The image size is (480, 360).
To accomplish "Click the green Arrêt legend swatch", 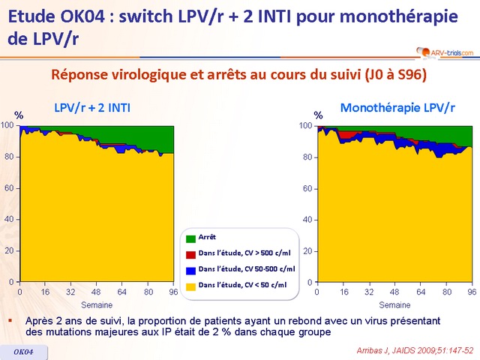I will tap(191, 238).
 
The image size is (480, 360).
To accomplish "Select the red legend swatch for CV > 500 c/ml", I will tap(191, 253).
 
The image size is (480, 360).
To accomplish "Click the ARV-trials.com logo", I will tap(443, 51).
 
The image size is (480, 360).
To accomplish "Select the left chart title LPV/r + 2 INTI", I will tap(92, 108).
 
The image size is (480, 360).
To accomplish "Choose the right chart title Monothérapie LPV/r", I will tap(397, 108).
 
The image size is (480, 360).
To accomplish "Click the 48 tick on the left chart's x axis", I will tap(97, 291).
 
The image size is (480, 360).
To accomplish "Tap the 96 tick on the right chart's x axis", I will tap(472, 291).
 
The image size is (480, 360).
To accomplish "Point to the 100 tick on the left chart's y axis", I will tap(7, 125).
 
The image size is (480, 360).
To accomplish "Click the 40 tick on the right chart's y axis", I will tap(307, 220).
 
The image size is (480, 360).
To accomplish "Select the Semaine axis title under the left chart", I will tap(97, 304).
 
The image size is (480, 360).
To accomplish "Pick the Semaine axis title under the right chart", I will tap(394, 304).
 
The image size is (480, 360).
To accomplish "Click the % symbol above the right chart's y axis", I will tap(318, 115).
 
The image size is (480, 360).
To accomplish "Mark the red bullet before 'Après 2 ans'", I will tap(10, 320).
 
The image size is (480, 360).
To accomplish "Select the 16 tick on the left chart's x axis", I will tap(46, 291).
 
